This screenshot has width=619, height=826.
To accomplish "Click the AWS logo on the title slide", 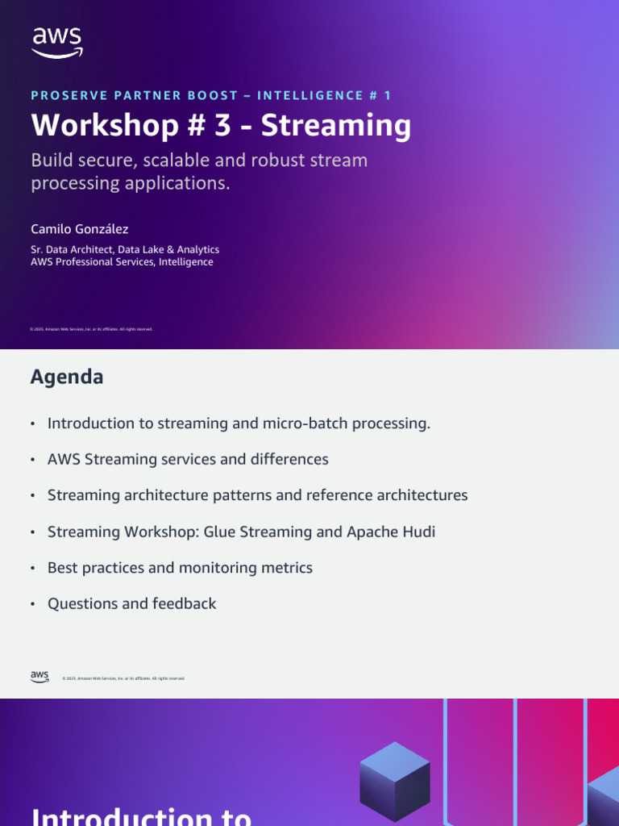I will [56, 42].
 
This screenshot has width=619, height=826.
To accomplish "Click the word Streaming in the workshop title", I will [336, 126].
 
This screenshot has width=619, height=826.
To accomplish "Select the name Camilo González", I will [79, 229].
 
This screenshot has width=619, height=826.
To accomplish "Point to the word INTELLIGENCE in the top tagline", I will [307, 95].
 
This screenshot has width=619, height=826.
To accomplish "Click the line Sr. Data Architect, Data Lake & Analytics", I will [125, 249].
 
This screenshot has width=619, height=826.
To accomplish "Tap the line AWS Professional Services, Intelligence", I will [122, 262].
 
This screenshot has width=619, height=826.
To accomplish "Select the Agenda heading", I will [67, 377].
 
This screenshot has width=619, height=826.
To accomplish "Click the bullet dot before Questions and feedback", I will [32, 604].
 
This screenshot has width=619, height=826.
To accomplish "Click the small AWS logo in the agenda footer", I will [40, 677].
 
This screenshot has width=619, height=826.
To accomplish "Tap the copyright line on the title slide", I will [91, 329].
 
